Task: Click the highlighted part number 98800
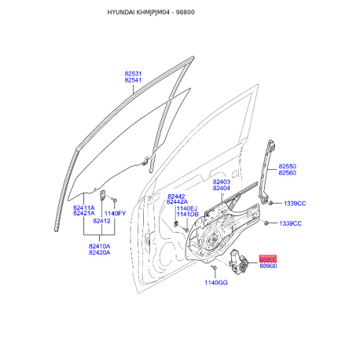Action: coord(268,259)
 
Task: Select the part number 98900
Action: coord(268,266)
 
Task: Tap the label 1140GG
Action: coord(216,282)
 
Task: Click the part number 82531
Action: coord(133,74)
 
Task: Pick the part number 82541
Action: coord(133,80)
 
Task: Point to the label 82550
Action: coord(288,166)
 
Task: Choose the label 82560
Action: coord(288,173)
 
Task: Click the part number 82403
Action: coord(222,182)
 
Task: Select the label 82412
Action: coord(101,221)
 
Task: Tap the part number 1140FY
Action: coord(115,213)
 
